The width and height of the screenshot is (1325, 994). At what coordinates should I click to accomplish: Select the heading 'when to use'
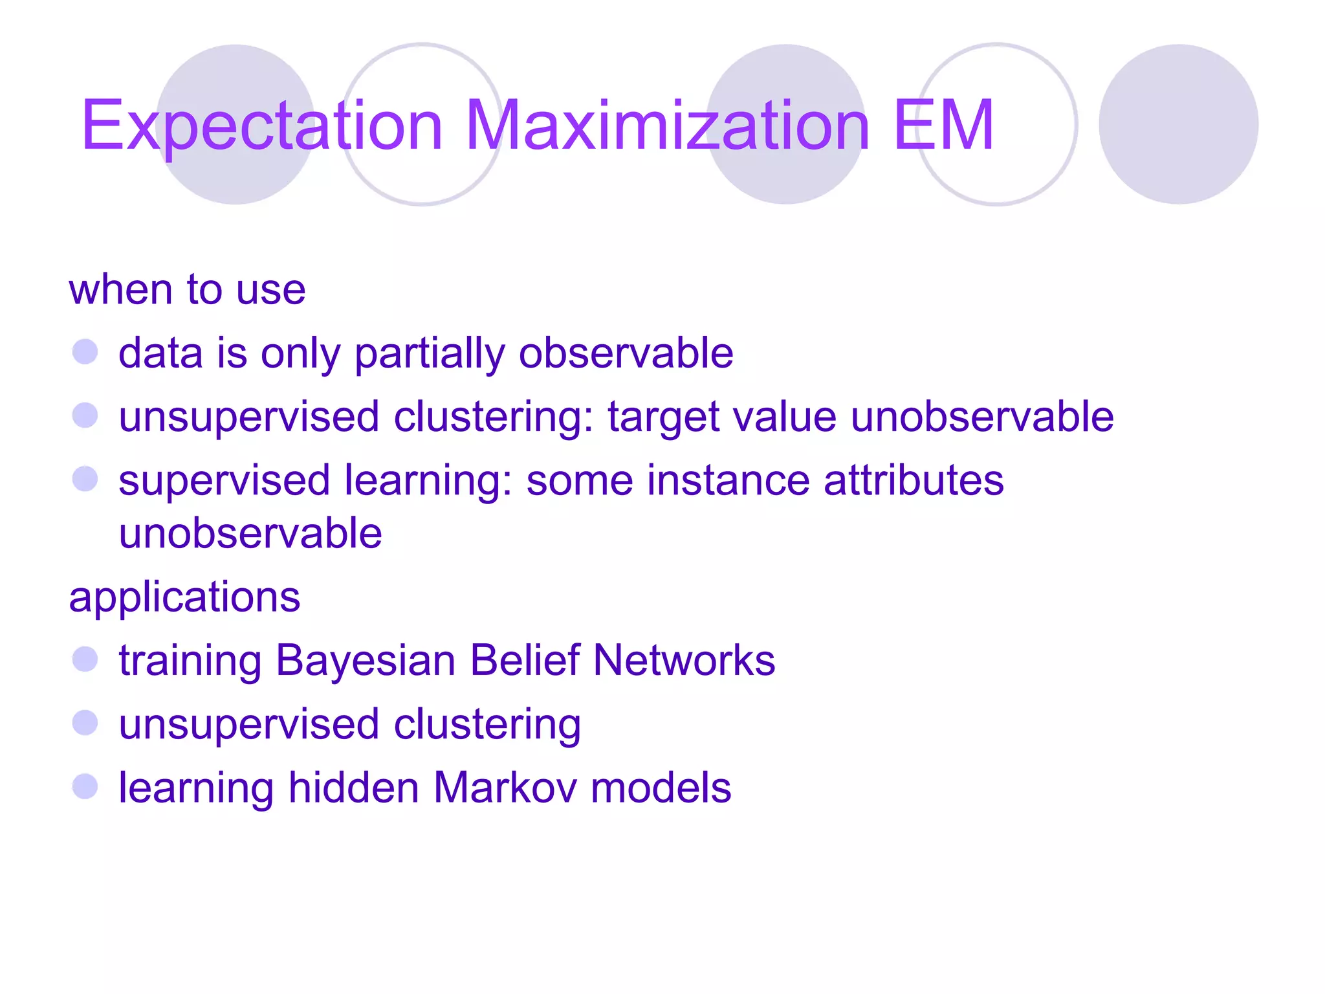tap(187, 289)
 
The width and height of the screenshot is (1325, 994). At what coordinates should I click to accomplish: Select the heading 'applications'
tap(184, 597)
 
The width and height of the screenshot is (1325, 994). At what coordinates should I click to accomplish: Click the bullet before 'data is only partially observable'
tap(85, 353)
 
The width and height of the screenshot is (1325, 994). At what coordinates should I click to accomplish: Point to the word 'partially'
tap(430, 354)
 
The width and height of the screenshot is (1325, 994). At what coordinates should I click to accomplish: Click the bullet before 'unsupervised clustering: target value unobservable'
tap(85, 415)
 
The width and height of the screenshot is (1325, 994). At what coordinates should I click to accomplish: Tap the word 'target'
tap(663, 417)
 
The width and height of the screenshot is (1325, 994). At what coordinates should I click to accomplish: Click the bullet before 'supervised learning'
tap(85, 480)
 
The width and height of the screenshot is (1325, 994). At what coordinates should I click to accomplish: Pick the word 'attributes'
tap(914, 481)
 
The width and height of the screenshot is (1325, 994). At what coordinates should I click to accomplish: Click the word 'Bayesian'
tap(366, 661)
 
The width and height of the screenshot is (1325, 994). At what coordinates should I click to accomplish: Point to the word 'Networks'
tap(684, 661)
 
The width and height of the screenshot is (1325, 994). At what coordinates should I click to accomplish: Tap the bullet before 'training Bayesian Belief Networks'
tap(85, 659)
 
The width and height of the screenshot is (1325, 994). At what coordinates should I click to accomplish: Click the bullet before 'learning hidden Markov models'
tap(85, 787)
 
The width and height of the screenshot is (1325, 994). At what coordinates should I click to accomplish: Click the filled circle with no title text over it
tap(1178, 124)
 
